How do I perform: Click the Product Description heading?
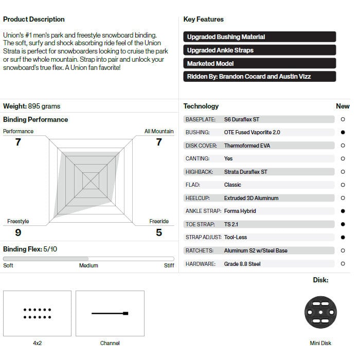(x=34, y=20)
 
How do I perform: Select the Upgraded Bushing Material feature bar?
(x=259, y=37)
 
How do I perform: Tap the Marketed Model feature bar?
(x=259, y=64)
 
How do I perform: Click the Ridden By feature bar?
(x=259, y=77)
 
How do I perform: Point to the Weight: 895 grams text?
(x=32, y=106)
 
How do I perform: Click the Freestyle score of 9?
(x=18, y=232)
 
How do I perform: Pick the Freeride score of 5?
(x=159, y=232)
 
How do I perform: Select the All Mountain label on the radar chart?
(x=159, y=132)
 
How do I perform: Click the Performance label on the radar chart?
(x=19, y=132)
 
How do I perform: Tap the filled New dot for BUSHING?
(x=343, y=132)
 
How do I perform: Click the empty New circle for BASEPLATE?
(x=343, y=119)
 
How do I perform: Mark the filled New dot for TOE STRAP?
(x=343, y=224)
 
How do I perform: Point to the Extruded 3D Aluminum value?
(x=251, y=198)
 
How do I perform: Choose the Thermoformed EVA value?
(x=247, y=146)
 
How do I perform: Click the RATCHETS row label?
(x=200, y=250)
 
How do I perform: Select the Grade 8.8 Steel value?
(x=242, y=264)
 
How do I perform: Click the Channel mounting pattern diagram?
(x=110, y=313)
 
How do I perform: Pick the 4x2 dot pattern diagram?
(x=37, y=313)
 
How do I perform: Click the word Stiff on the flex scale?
(x=169, y=266)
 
